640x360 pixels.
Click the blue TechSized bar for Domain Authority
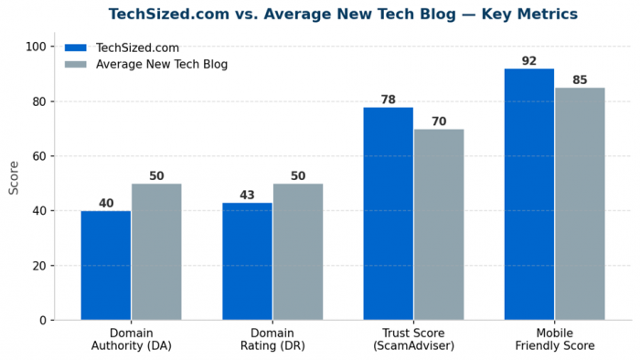pyautogui.click(x=106, y=265)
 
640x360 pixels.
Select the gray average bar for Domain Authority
pyautogui.click(x=156, y=252)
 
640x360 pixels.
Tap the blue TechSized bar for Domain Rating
pyautogui.click(x=248, y=261)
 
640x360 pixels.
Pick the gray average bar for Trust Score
pyautogui.click(x=439, y=225)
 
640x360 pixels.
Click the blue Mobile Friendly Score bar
pyautogui.click(x=529, y=195)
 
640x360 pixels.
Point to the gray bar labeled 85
pyautogui.click(x=580, y=204)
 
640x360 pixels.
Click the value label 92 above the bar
pyautogui.click(x=529, y=60)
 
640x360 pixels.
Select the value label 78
pyautogui.click(x=389, y=100)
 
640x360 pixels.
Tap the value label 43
pyautogui.click(x=247, y=195)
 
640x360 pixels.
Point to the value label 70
pyautogui.click(x=439, y=122)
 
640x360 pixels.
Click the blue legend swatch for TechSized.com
pyautogui.click(x=76, y=48)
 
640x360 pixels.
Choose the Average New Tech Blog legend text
pyautogui.click(x=162, y=65)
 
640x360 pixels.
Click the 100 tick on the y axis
pyautogui.click(x=36, y=47)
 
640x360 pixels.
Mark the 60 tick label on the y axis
pyautogui.click(x=39, y=156)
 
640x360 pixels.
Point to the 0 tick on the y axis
pyautogui.click(x=43, y=321)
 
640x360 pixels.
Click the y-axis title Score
pyautogui.click(x=14, y=178)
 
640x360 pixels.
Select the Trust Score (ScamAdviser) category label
pyautogui.click(x=413, y=339)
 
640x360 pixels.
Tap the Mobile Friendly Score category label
pyautogui.click(x=555, y=339)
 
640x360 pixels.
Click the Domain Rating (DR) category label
pyautogui.click(x=272, y=339)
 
